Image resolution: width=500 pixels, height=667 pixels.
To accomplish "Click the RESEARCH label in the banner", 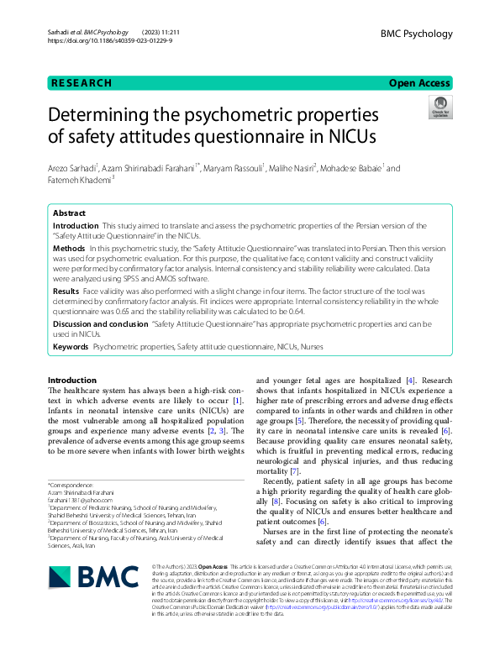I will click(x=81, y=83).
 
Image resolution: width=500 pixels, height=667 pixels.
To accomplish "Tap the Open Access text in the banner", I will click(x=420, y=83).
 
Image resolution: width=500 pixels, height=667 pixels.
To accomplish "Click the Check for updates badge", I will click(x=439, y=108).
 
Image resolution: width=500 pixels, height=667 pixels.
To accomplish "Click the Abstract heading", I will click(x=70, y=213).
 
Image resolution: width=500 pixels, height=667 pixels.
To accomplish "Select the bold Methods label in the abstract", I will click(x=69, y=250).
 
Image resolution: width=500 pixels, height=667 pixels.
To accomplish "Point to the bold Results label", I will click(x=66, y=288).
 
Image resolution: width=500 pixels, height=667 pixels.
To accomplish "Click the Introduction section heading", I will click(x=72, y=381).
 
